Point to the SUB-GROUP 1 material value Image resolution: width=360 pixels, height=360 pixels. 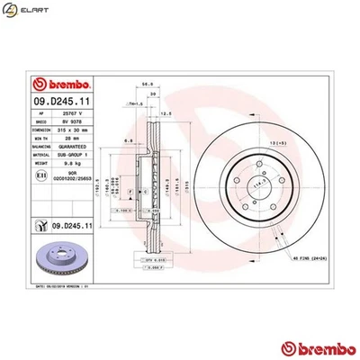click(71, 155)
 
